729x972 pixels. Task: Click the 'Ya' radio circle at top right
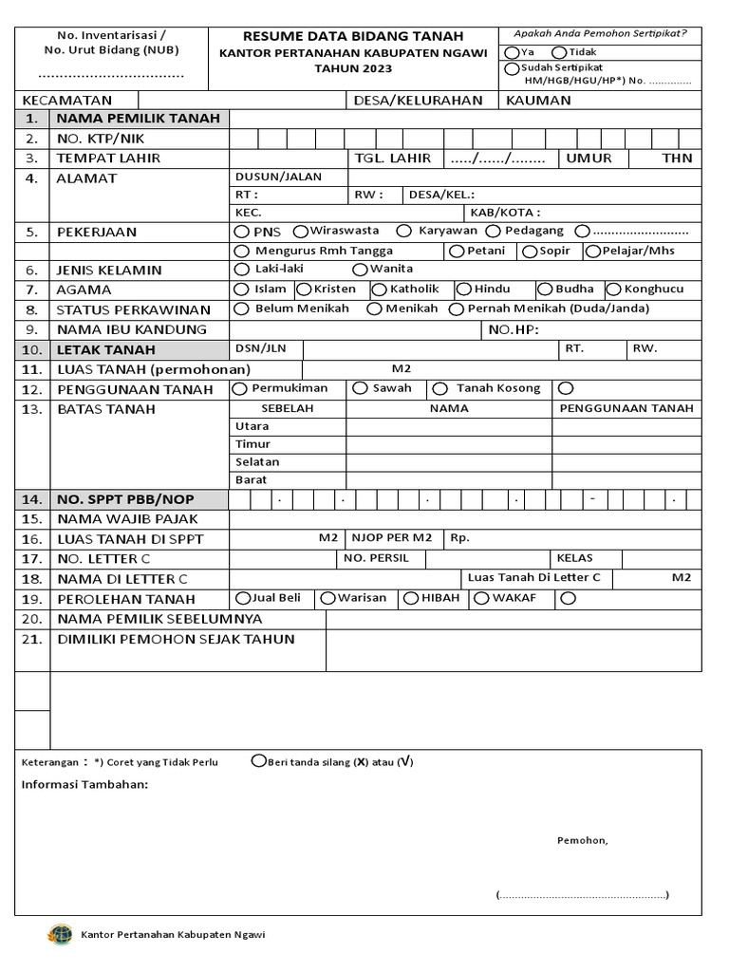(513, 53)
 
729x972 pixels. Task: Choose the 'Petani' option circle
(457, 252)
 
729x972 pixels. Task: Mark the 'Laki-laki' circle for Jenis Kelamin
(241, 270)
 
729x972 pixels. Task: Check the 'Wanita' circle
(360, 270)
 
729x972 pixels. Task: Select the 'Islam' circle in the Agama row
(241, 290)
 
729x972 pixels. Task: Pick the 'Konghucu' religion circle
(613, 290)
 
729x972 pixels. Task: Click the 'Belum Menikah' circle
(241, 308)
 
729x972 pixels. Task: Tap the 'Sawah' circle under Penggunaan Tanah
(360, 388)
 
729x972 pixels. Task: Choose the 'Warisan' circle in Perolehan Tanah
(327, 598)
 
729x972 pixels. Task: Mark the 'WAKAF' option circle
(481, 598)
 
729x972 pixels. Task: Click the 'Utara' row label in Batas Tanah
(252, 427)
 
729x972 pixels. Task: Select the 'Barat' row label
(252, 480)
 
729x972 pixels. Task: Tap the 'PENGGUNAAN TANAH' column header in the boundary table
(626, 408)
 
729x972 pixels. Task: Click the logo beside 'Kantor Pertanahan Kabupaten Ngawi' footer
(59, 934)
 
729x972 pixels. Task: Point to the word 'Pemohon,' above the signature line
(582, 840)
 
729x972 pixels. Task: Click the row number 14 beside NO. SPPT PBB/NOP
(32, 499)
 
